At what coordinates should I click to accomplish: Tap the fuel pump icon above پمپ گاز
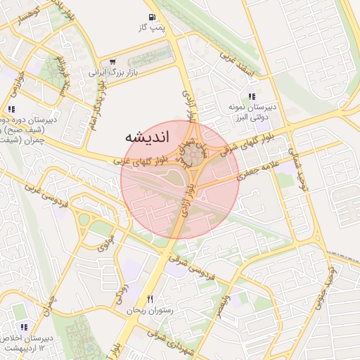coord(152,17)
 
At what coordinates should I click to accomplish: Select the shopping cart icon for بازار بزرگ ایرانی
coord(113,62)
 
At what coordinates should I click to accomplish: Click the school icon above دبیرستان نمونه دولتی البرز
coord(252,96)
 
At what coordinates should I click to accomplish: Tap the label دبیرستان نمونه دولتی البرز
coord(252,112)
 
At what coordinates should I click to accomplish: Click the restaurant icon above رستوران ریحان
coord(150,300)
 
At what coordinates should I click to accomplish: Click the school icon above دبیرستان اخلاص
coord(25,327)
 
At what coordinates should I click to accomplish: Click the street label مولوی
coord(105,245)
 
